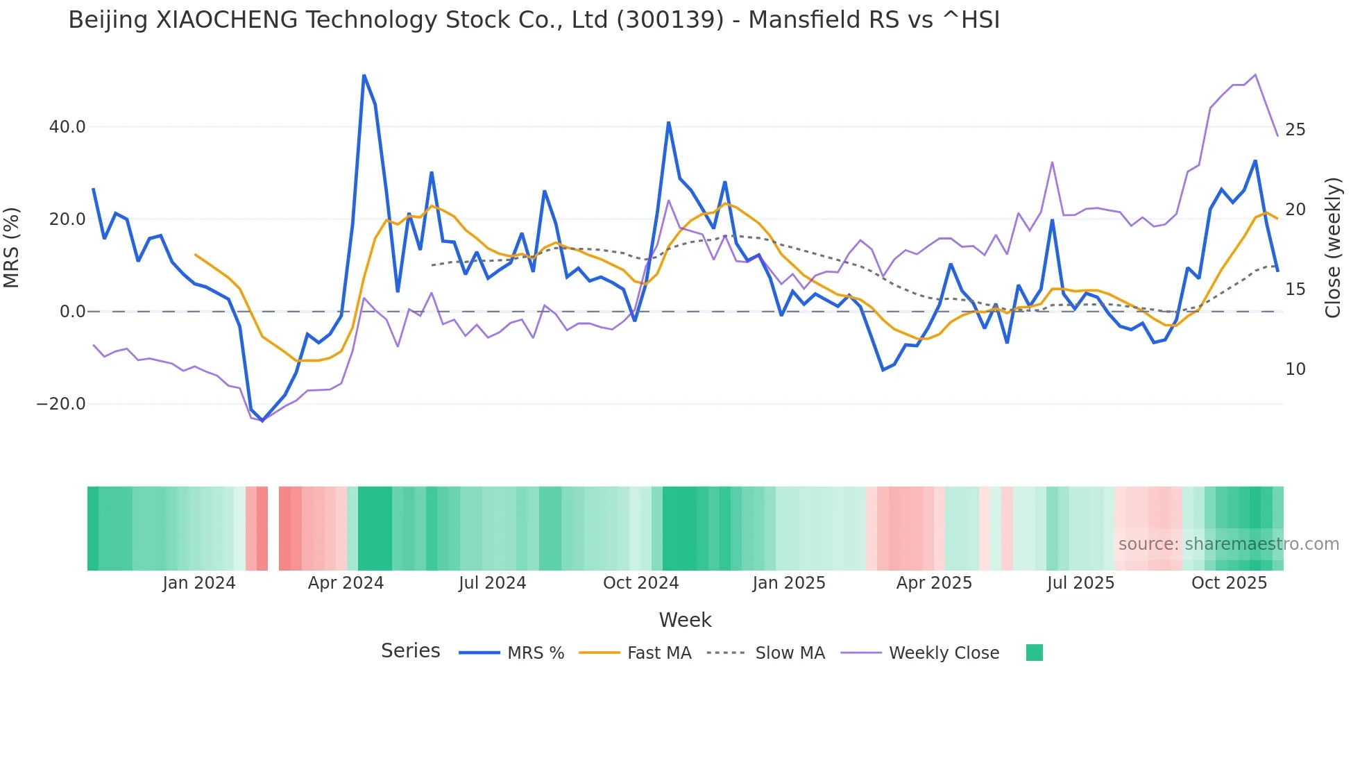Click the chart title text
[x=534, y=20]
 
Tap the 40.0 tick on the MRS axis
[x=67, y=127]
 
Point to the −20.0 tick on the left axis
[x=61, y=404]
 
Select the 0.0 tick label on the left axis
[x=72, y=312]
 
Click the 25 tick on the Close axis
[x=1295, y=130]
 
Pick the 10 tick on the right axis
[x=1295, y=369]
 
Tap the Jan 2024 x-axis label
[x=199, y=583]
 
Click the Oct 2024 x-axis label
[x=640, y=583]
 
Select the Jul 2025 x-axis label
[x=1080, y=583]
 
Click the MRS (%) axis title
[x=12, y=247]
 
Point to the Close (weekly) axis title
[x=1333, y=247]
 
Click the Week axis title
[x=685, y=620]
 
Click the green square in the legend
[x=1034, y=653]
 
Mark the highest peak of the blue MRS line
[x=364, y=75]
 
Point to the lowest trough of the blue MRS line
[x=262, y=421]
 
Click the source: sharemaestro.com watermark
[x=1228, y=544]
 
